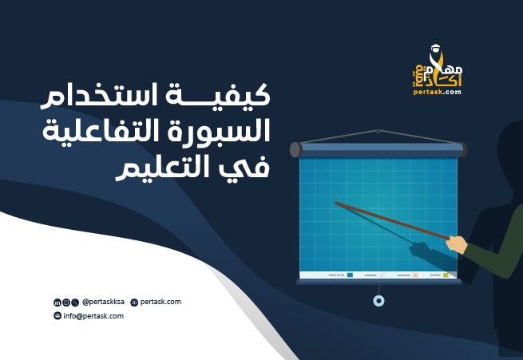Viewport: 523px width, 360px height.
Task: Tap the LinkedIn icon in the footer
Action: point(57,303)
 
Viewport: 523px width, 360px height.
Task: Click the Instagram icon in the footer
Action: point(65,303)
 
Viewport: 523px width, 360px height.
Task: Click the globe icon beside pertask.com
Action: point(134,303)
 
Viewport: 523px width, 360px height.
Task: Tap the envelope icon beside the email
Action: point(57,316)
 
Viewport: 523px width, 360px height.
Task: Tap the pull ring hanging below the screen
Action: point(378,300)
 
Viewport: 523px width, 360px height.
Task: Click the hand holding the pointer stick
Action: point(457,243)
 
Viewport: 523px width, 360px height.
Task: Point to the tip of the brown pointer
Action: point(336,204)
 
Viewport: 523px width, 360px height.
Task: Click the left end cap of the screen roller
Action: point(295,149)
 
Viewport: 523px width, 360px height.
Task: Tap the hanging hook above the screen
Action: point(379,131)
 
